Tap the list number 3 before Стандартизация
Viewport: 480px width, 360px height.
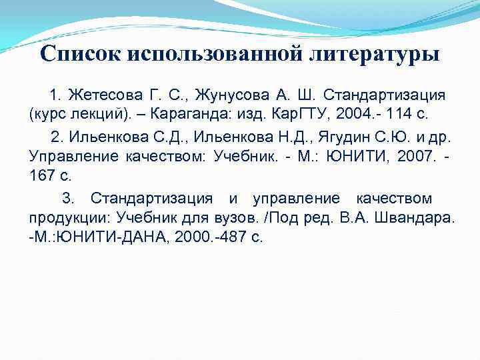tap(66, 199)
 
